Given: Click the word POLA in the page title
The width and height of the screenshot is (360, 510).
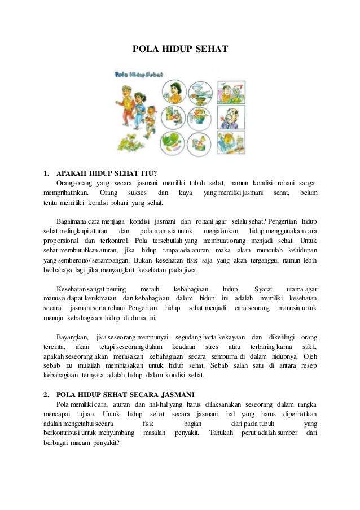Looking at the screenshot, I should point(142,50).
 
